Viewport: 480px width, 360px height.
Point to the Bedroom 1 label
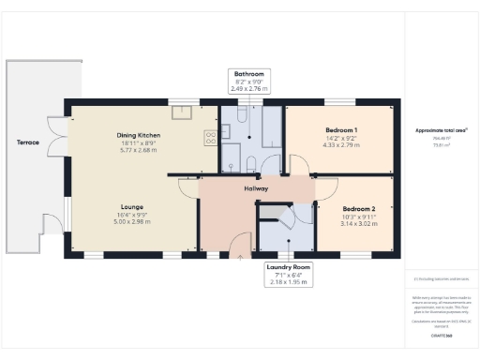pos(340,129)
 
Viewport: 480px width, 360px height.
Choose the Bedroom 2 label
pos(358,209)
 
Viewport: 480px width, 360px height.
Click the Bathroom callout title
pos(248,74)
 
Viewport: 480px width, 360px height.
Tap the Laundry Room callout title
pos(288,268)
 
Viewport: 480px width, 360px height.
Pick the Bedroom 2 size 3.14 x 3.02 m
pos(358,224)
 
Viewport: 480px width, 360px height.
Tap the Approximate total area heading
pos(439,130)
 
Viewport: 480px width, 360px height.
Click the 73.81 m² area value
pos(438,145)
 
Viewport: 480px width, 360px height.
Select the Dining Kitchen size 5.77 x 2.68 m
pos(139,151)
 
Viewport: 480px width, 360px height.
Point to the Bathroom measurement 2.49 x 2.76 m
pos(248,89)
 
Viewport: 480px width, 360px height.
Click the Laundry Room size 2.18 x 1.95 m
pos(288,283)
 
